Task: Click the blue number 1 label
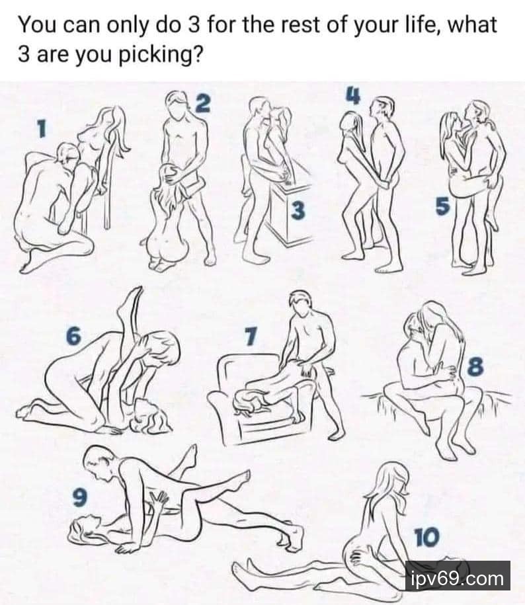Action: (x=41, y=128)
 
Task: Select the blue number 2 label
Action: (x=203, y=103)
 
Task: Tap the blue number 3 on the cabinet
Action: (x=298, y=210)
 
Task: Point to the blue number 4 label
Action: (x=353, y=95)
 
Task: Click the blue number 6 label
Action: (x=73, y=335)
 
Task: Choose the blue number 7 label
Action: (x=251, y=337)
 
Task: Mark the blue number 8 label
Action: (x=475, y=366)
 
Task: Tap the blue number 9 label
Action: (x=79, y=497)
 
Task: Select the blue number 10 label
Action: (x=426, y=537)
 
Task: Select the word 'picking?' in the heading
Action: (x=160, y=55)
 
